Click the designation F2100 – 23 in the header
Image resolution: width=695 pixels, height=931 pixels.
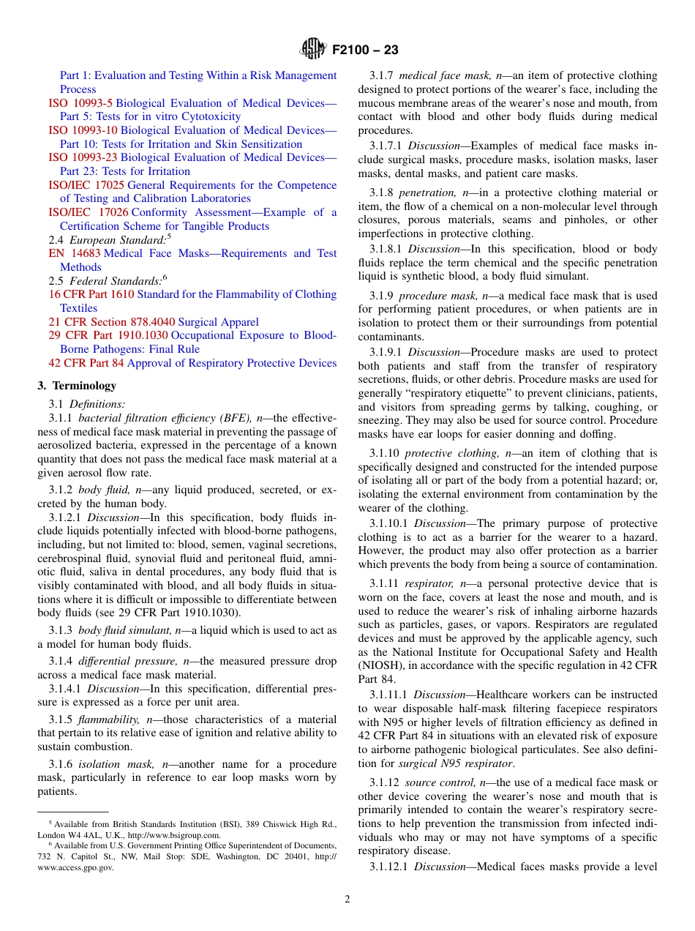click(365, 50)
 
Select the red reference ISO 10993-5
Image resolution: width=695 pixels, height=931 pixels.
click(80, 103)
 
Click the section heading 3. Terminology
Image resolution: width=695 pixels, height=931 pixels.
click(77, 386)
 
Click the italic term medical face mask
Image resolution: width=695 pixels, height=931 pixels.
click(439, 75)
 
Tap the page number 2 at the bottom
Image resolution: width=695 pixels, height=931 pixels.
click(347, 900)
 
